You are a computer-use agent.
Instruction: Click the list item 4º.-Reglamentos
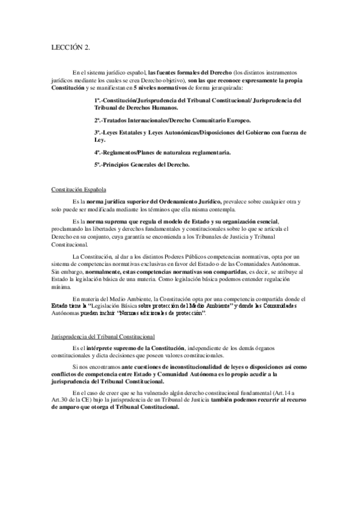(162, 153)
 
